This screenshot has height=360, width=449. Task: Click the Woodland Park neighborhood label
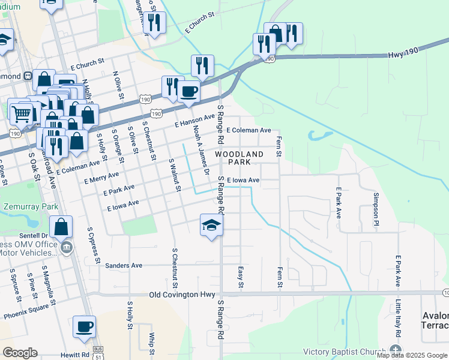coord(239,158)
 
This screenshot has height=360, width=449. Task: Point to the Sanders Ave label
coord(123,265)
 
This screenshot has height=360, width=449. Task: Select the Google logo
coord(20,353)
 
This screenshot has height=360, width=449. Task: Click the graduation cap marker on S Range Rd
coord(211,225)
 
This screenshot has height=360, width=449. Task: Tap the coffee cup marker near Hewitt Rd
coord(85,327)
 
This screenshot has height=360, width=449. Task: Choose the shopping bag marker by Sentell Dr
coord(61,227)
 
